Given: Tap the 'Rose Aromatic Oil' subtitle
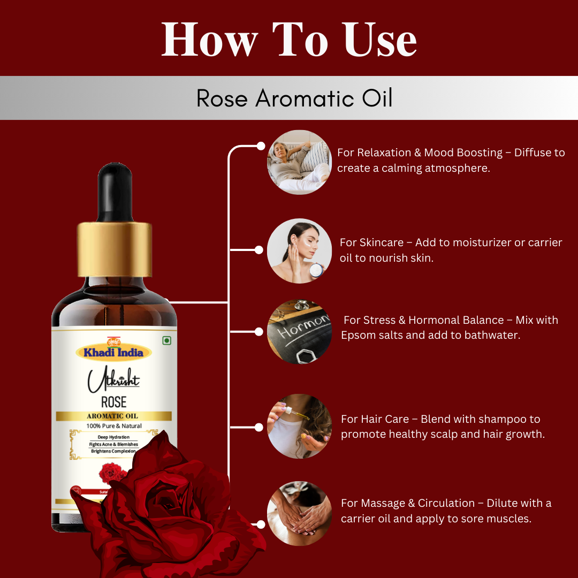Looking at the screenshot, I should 294,98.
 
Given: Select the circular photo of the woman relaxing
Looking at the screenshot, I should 299,162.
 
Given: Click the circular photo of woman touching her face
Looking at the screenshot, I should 299,250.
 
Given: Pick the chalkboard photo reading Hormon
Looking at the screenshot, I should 299,332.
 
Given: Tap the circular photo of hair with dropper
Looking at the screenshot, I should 299,427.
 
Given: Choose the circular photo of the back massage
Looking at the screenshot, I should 299,513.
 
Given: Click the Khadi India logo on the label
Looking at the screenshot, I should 113,351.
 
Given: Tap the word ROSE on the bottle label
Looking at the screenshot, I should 113,401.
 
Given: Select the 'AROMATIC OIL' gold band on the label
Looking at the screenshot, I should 113,416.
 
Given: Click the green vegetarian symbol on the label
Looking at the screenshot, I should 166,341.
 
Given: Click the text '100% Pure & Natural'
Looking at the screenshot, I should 114,426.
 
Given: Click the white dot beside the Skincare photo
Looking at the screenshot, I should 259,250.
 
